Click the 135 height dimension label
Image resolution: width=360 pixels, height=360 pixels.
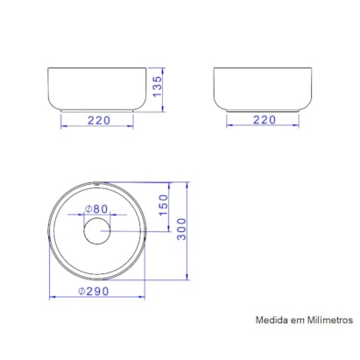[157, 88]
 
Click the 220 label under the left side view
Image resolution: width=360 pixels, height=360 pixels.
[98, 119]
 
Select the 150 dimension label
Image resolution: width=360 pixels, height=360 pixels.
[162, 208]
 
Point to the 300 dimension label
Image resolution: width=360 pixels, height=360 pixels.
[182, 231]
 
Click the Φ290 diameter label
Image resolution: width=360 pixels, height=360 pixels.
[95, 290]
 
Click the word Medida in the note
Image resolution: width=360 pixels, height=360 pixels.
[272, 321]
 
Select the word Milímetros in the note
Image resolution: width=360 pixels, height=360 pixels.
[328, 321]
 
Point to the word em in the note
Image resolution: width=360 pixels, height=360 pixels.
[298, 321]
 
